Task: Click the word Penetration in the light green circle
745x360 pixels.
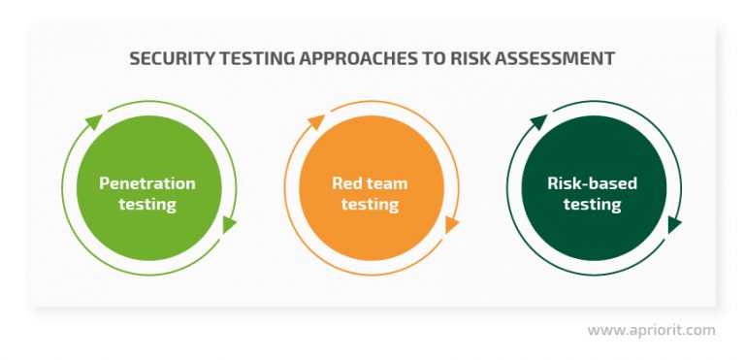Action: tap(147, 183)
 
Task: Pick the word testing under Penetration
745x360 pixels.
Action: tap(147, 205)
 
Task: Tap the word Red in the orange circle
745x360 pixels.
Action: tap(345, 183)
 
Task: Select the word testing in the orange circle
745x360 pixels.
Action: tap(370, 205)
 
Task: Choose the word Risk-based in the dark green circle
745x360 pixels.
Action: tap(592, 183)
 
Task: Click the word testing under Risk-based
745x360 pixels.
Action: tap(592, 205)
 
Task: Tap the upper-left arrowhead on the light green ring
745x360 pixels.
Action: tap(93, 122)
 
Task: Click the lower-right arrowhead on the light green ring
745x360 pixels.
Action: tap(229, 225)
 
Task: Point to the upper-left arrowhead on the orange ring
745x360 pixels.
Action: tap(316, 122)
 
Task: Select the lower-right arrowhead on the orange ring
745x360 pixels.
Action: tap(451, 225)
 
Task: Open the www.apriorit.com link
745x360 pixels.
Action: tap(651, 330)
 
